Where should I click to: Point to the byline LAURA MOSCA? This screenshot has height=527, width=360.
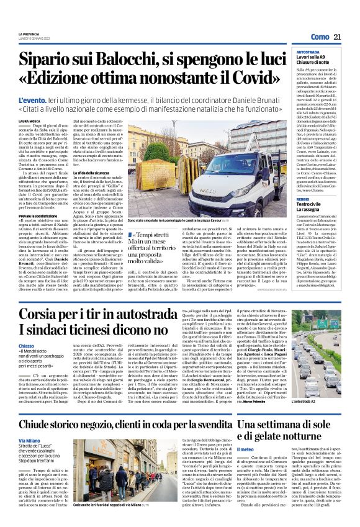pos(29,121)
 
